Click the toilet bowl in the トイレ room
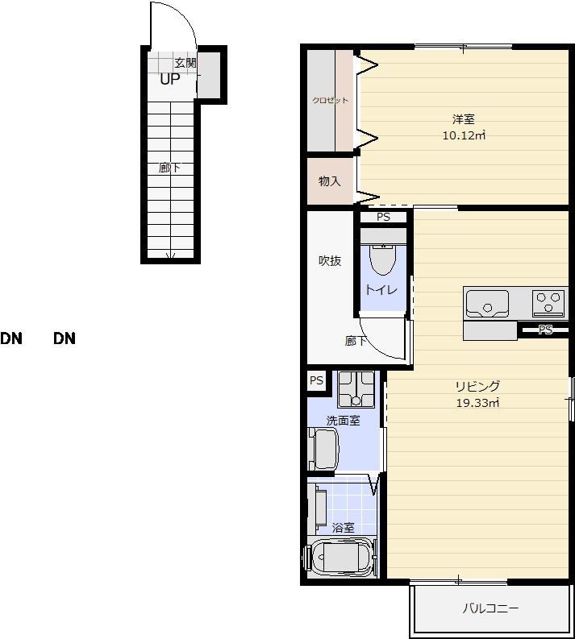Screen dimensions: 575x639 click(383, 259)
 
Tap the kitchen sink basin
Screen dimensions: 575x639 click(487, 304)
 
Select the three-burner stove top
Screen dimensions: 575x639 click(548, 303)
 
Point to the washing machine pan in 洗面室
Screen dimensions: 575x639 click(356, 389)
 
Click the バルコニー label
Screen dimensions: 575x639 click(490, 609)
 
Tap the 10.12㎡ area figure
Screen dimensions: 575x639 click(464, 135)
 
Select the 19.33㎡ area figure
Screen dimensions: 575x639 click(477, 403)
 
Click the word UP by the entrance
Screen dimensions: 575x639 click(170, 79)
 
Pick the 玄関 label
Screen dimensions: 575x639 click(185, 63)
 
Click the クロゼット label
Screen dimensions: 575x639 click(331, 100)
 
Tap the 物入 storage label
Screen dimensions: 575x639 click(330, 181)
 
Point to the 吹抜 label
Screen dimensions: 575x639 click(330, 260)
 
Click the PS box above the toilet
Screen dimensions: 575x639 click(383, 217)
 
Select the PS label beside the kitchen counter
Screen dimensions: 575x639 click(545, 330)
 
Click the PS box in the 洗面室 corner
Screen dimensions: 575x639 click(316, 380)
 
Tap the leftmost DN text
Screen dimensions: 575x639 click(11, 338)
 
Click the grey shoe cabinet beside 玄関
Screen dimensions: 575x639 click(209, 74)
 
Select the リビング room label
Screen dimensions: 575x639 click(477, 386)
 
